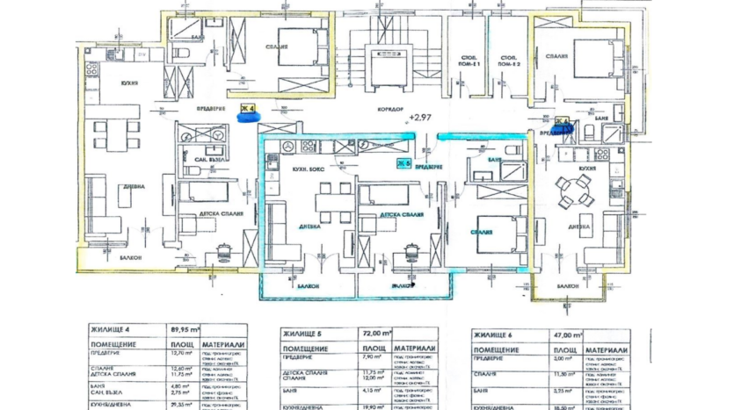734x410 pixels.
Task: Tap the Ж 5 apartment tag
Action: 404,163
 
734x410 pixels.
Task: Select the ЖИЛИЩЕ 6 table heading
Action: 492,334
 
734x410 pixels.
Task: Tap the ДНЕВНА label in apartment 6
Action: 578,226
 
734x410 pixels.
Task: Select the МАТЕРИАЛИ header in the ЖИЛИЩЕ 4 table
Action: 223,346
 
